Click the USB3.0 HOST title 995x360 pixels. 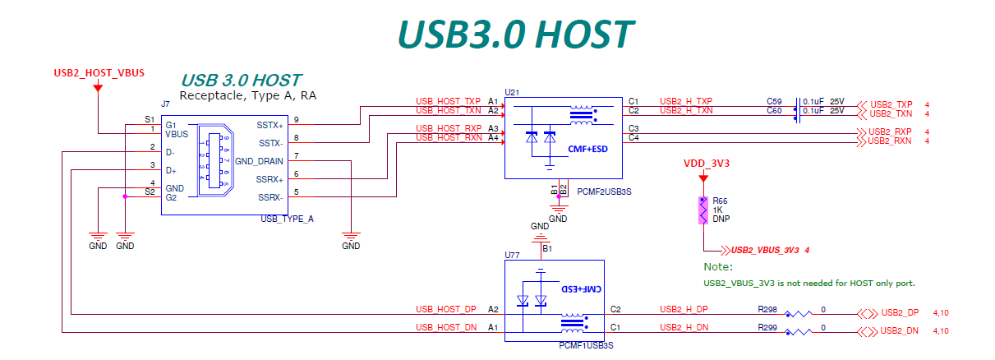515,34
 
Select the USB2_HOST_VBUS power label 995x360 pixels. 99,73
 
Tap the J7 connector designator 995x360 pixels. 165,104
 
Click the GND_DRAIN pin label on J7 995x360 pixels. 259,160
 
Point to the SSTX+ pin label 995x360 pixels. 269,125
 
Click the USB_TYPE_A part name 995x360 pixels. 287,219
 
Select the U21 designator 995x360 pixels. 512,92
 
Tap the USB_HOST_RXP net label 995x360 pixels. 448,129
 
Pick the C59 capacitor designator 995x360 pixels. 774,102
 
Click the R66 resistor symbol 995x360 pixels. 702,210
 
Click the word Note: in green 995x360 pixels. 717,267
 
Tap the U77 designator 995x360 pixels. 512,255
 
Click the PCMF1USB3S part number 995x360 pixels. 585,345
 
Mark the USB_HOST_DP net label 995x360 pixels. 445,310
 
